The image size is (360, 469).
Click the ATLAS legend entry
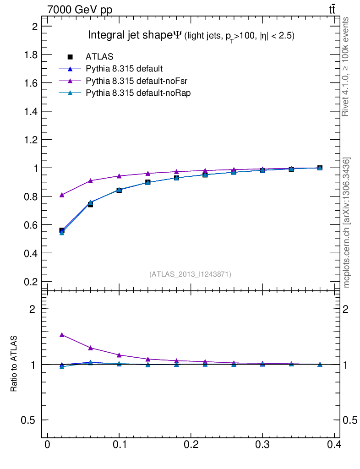click(99, 56)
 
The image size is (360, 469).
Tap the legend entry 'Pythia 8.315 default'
click(124, 69)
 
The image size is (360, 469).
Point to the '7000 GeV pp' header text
click(80, 10)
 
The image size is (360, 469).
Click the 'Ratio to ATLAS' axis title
click(14, 364)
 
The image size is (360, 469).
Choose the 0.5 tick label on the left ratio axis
click(29, 420)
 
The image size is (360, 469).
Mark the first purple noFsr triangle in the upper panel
click(62, 195)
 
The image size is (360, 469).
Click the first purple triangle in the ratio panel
click(62, 335)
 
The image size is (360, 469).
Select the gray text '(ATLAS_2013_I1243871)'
click(190, 274)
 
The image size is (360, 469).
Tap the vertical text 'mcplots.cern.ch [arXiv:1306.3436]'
click(347, 223)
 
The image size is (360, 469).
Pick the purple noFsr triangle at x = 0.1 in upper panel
click(119, 175)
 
